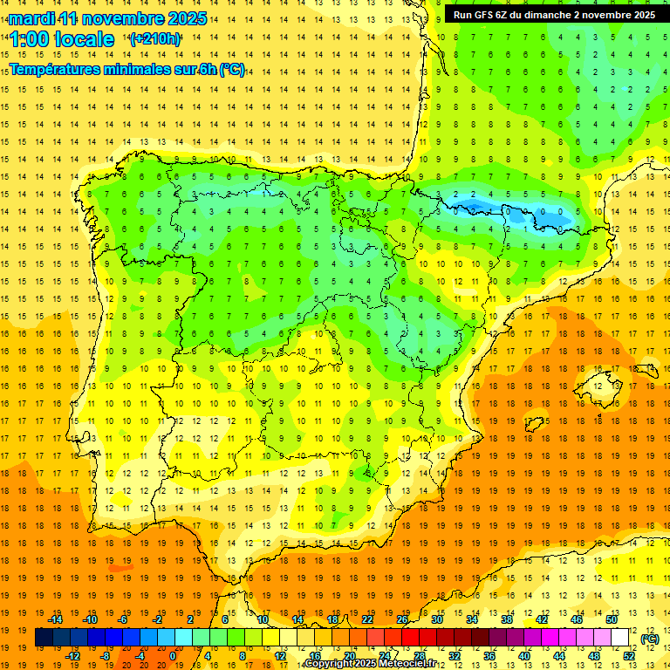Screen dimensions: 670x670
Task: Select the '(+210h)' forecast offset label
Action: pos(155,39)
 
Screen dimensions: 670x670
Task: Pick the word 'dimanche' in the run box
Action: pos(554,15)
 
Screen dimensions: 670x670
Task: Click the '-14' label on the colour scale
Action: pos(57,619)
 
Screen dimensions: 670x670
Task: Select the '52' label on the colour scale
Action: pos(629,656)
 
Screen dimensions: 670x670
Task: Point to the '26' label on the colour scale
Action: pos(402,619)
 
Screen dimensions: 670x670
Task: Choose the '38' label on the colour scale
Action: pos(506,619)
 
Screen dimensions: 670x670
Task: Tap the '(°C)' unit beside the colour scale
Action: pos(649,639)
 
